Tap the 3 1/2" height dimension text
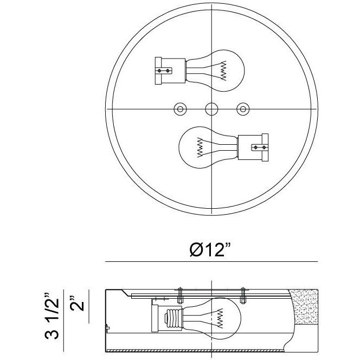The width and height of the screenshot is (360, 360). pos(52,316)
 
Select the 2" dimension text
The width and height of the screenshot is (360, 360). pos(77,303)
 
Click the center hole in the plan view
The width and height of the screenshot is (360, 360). pos(211,109)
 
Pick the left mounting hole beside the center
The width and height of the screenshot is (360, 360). pos(180,109)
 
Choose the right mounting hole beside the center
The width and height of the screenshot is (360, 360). pos(243,109)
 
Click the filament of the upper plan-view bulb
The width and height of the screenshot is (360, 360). pos(223,70)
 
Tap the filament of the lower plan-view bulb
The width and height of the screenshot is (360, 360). pos(200,147)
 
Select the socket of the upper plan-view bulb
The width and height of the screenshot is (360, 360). pos(170,70)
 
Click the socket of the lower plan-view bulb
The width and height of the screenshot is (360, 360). pos(253,147)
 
